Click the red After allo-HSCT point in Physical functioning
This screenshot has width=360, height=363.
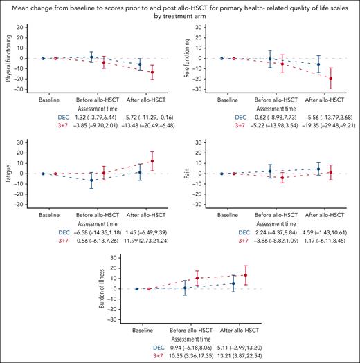pos(152,72)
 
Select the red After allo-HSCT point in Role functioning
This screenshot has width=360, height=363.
pos(331,78)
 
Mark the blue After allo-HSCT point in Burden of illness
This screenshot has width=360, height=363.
pos(233,283)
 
